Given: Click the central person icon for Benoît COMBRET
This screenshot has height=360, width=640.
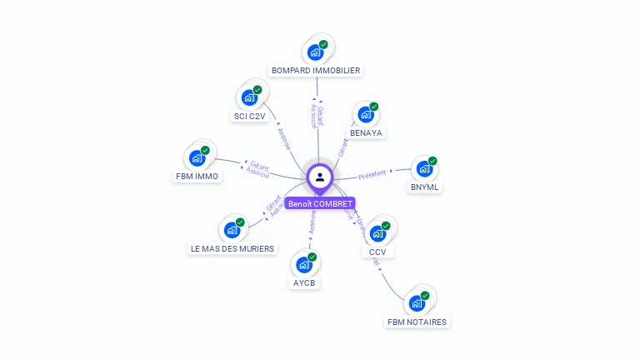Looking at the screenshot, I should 320,177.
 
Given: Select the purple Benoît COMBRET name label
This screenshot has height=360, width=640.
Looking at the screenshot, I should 320,203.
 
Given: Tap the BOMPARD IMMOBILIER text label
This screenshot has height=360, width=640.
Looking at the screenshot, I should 316,71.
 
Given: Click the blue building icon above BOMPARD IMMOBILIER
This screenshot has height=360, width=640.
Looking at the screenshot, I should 315,52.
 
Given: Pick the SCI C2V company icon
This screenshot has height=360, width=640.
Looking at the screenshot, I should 249,97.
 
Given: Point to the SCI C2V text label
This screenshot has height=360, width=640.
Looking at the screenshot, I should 250,117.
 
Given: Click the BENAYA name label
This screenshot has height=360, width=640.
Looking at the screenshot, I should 367,133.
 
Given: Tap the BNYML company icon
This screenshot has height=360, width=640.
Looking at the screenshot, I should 424,169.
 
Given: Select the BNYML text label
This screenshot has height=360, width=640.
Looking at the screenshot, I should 425,187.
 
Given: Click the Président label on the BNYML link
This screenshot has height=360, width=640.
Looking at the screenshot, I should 372,175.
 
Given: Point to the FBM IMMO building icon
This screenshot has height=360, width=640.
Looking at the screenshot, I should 197,157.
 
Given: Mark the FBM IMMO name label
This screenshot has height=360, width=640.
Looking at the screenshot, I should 197,177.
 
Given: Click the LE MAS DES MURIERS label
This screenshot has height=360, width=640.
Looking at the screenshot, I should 232,248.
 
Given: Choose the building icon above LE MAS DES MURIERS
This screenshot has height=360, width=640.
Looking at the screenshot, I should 232,230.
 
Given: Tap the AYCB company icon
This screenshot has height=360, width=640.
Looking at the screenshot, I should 304,265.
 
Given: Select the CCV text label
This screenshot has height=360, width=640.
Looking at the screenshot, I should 377,252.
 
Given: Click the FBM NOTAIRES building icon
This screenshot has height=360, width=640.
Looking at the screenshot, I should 417,303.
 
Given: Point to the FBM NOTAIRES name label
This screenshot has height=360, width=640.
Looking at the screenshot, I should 417,322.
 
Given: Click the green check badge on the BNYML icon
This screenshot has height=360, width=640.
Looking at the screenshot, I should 432,161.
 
